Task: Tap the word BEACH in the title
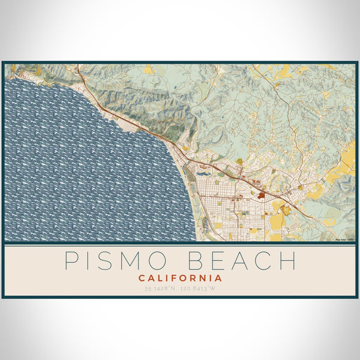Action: click(242, 261)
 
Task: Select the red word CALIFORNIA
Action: click(180, 278)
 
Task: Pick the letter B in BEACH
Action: click(196, 261)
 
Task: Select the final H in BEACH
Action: click(287, 261)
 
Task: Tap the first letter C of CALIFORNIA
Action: click(142, 278)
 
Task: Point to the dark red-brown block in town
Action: click(262, 194)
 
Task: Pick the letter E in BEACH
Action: click(218, 261)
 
